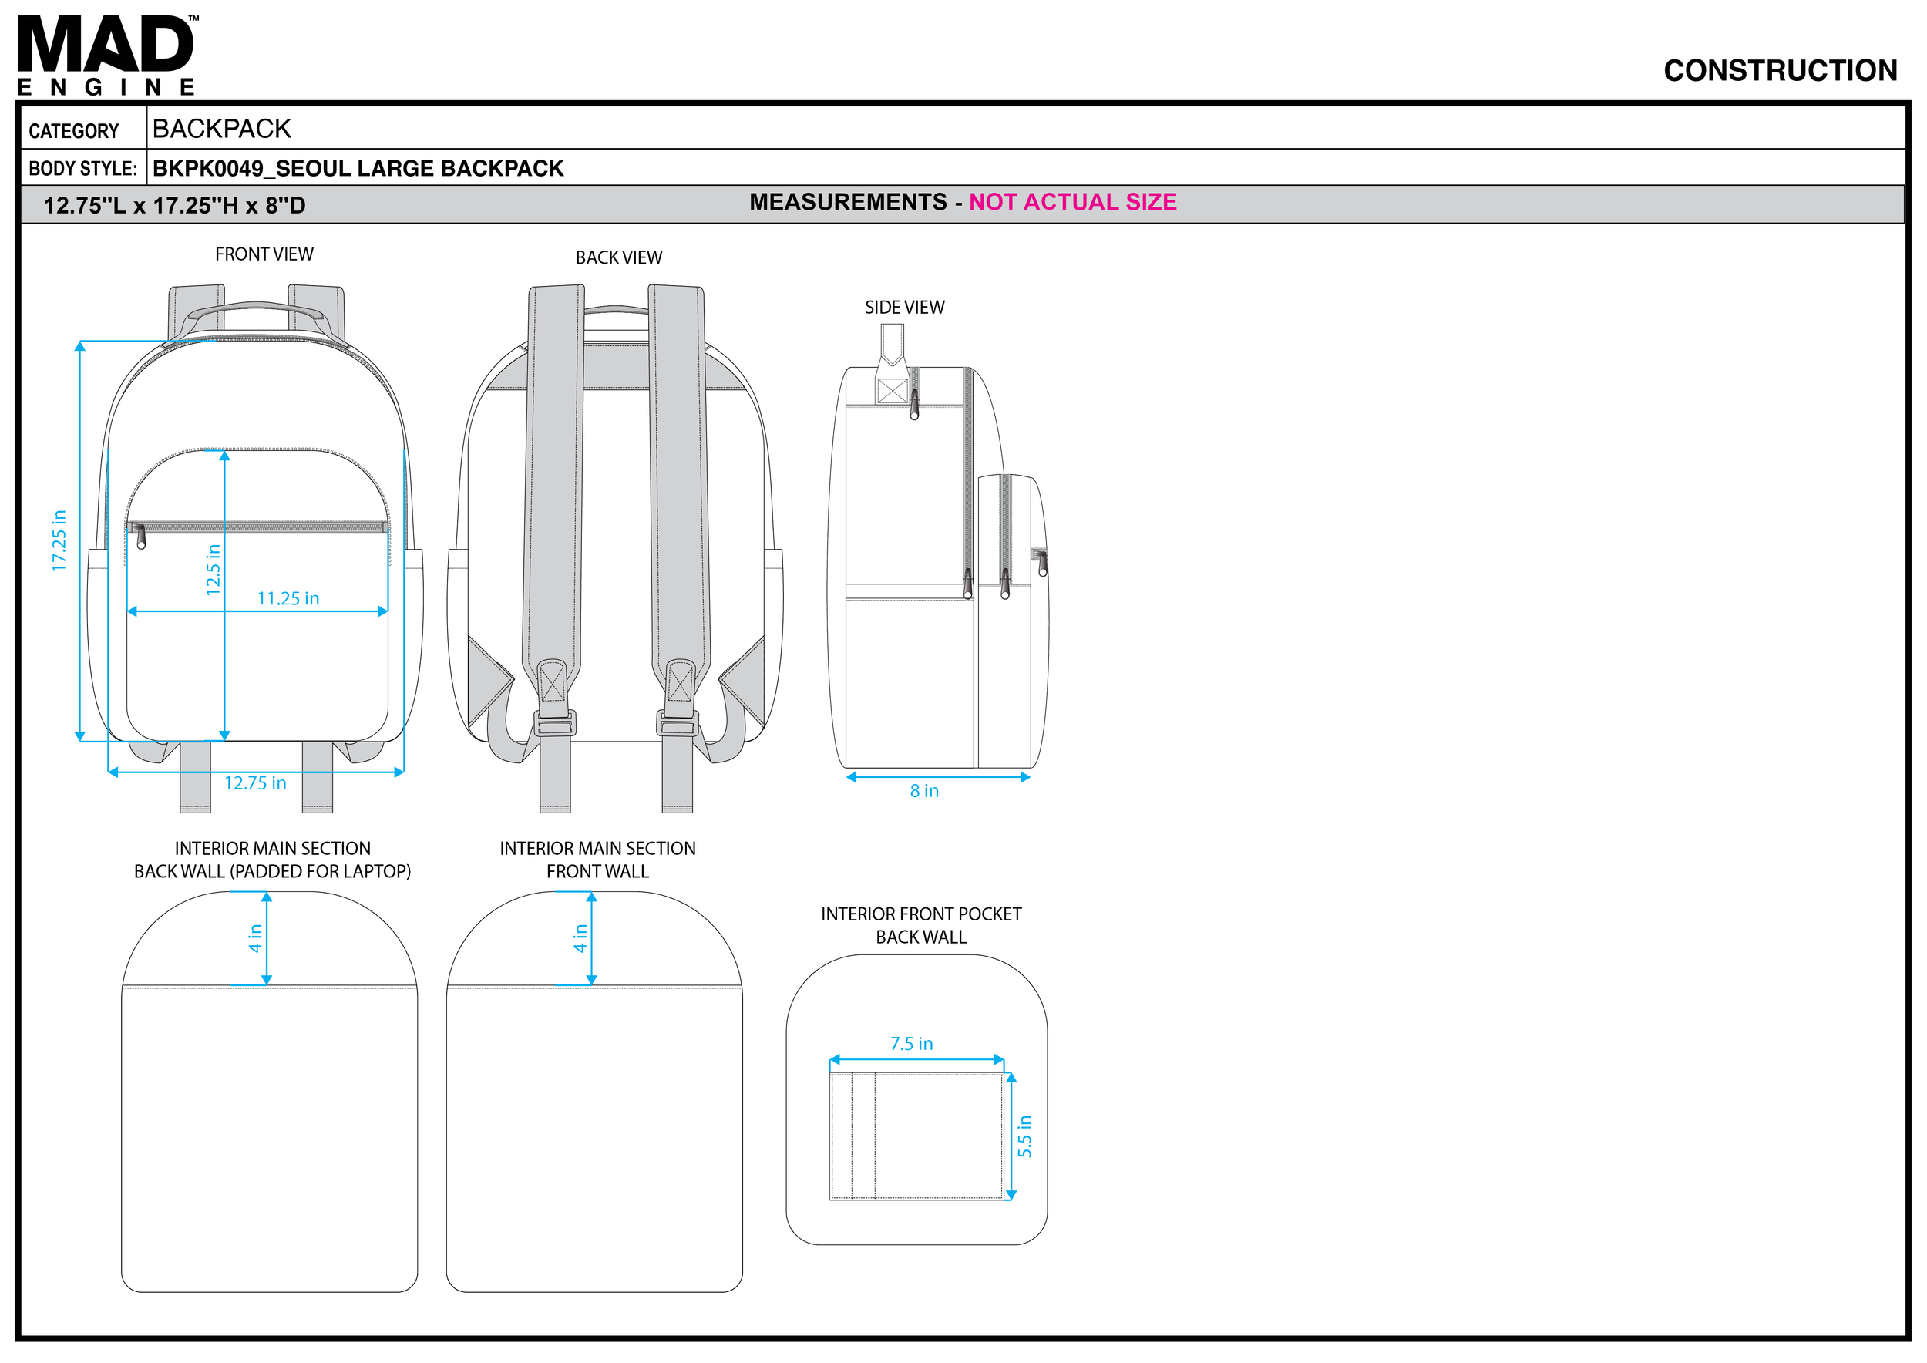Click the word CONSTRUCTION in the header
click(x=1779, y=70)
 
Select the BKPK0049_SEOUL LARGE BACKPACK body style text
click(x=358, y=169)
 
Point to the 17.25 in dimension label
click(x=59, y=540)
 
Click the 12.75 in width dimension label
click(x=255, y=783)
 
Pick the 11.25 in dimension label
click(x=288, y=598)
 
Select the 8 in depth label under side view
click(x=924, y=791)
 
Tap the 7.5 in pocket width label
click(x=911, y=1043)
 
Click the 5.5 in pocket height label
click(x=1024, y=1136)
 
